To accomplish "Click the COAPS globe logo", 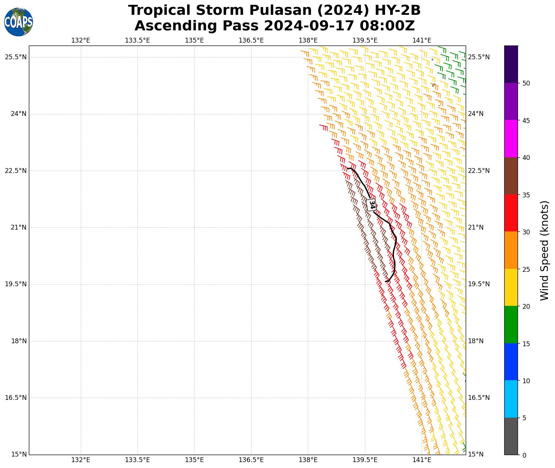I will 19,22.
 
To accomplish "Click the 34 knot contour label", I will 372,204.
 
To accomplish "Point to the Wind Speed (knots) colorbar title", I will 544,250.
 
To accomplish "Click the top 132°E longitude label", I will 81,40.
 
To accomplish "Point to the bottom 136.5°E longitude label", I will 251,460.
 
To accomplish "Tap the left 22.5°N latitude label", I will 16,171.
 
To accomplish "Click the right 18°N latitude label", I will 476,341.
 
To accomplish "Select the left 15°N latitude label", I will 16,454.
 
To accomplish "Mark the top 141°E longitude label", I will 422,40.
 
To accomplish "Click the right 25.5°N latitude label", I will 479,57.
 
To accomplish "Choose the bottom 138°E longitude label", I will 308,460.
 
